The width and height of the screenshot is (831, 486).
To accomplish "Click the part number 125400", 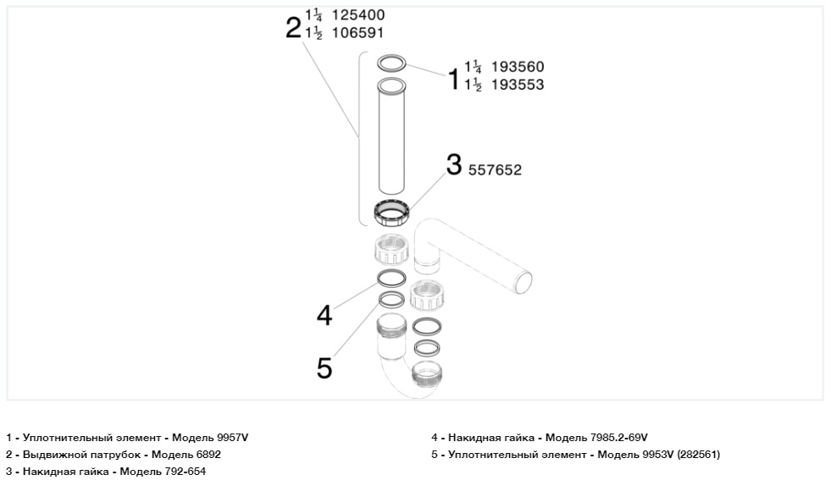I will click(358, 16).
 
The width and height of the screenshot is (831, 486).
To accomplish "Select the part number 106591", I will click(358, 34).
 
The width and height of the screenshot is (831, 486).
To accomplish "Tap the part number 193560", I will click(518, 67).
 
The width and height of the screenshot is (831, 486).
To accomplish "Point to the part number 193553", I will click(518, 85).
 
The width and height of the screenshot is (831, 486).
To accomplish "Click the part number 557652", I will click(496, 170).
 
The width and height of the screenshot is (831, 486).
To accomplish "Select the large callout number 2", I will click(293, 27).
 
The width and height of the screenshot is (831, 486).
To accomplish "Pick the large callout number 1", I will click(453, 79).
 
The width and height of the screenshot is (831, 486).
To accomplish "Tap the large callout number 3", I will click(453, 165).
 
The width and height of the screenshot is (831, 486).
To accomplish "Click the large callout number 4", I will click(324, 316).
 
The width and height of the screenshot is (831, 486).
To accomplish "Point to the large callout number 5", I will click(324, 368).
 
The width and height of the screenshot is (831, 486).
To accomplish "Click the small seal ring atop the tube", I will click(391, 63).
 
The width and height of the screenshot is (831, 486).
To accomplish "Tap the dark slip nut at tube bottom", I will click(392, 212).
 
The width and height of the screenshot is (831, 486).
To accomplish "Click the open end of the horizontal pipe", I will click(519, 281).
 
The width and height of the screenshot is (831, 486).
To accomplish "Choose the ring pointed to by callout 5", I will click(391, 298).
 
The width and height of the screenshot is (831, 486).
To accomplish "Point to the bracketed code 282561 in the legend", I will click(697, 455).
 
